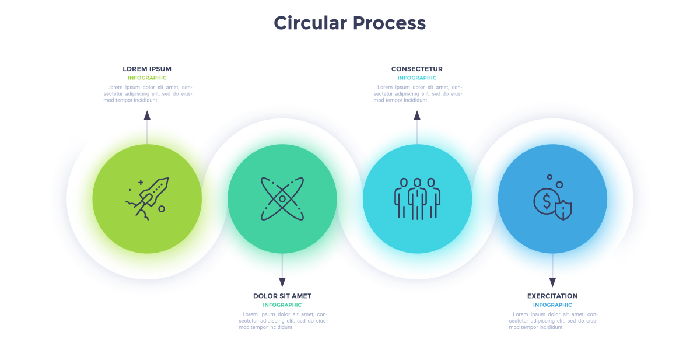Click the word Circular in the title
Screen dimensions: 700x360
click(x=310, y=23)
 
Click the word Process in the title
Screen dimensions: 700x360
click(x=390, y=23)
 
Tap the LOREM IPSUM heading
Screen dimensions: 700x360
click(x=147, y=69)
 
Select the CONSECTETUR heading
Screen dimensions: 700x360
click(x=417, y=69)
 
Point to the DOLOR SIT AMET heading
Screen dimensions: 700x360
click(x=282, y=296)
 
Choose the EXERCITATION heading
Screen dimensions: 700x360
click(x=552, y=296)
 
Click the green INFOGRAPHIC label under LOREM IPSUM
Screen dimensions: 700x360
click(x=147, y=78)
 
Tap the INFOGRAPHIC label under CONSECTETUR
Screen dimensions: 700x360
click(x=417, y=78)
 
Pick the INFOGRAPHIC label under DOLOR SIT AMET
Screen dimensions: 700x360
click(x=282, y=305)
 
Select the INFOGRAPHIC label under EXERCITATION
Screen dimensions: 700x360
click(x=552, y=305)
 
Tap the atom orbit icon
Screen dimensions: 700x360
click(x=282, y=199)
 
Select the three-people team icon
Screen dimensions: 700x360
click(x=417, y=199)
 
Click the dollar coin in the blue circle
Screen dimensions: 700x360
click(x=545, y=201)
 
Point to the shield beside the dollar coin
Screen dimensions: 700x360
click(x=563, y=210)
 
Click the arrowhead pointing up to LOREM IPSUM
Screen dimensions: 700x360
click(x=147, y=116)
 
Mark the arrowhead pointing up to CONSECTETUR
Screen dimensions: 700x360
click(x=417, y=116)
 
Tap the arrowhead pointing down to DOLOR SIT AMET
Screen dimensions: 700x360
click(x=282, y=282)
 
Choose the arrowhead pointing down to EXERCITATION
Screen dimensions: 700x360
click(x=552, y=282)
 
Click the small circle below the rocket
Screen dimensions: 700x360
click(x=162, y=209)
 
